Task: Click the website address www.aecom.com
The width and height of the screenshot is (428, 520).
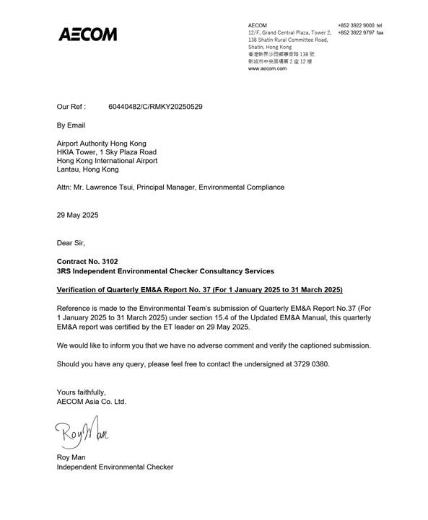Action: pos(267,69)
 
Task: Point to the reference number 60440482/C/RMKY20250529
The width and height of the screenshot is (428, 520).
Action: pos(155,107)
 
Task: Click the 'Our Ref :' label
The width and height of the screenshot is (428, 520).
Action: pos(71,107)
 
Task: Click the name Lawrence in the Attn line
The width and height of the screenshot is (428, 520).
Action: pos(115,188)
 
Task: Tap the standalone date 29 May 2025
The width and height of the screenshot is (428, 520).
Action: pos(77,215)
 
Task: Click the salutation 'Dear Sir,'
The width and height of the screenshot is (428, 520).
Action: pos(71,243)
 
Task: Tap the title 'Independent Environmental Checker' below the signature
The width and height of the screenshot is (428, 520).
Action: pos(115,467)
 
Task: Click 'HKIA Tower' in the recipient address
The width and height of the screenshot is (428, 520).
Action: pos(78,152)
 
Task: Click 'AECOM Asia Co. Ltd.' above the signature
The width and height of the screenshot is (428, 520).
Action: pos(91,401)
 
